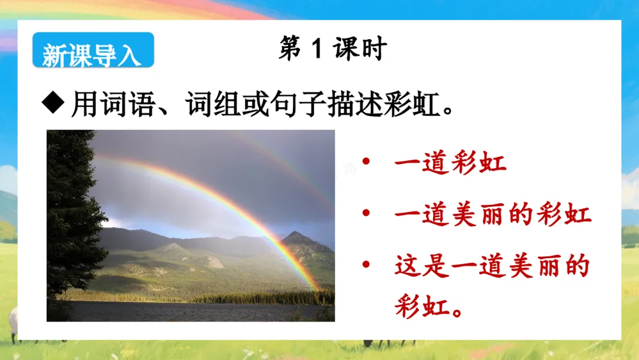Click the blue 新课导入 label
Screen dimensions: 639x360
[93, 50]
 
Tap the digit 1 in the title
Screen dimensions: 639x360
[317, 48]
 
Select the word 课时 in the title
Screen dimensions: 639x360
[360, 48]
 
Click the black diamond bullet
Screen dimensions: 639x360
[53, 102]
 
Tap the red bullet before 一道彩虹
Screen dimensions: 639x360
[366, 162]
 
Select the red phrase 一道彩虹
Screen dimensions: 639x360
[450, 162]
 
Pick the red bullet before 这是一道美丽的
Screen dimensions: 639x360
[366, 265]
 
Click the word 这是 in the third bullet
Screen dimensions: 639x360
[422, 265]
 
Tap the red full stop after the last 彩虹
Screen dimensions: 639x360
[457, 313]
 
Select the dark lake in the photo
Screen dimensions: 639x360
[191, 311]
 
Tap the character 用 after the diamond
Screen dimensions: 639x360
[85, 104]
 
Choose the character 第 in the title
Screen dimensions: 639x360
[290, 48]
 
